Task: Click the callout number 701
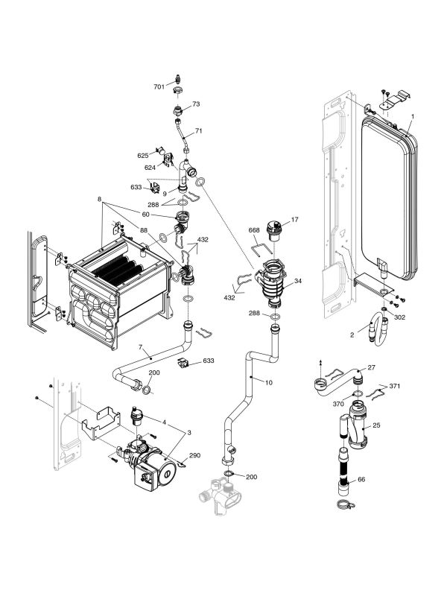point(159,87)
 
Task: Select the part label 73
point(196,104)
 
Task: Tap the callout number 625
point(143,156)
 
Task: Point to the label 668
point(253,230)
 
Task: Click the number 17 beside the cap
point(294,220)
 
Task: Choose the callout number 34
point(297,281)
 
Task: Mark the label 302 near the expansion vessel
point(399,317)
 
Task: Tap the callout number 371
point(395,387)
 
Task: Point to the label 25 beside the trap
point(376,425)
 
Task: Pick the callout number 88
point(143,230)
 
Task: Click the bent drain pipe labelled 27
point(335,381)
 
